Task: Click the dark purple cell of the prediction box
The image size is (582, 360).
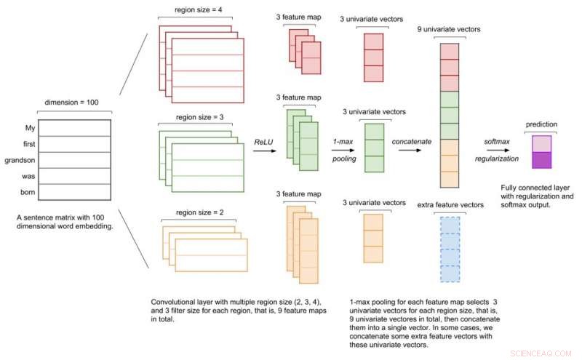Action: point(542,160)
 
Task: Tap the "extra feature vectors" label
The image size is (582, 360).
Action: point(451,205)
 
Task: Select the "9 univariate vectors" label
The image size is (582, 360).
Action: point(450,30)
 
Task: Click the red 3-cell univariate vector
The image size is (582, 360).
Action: point(373,58)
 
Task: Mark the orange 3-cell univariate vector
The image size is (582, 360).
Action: point(372,239)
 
